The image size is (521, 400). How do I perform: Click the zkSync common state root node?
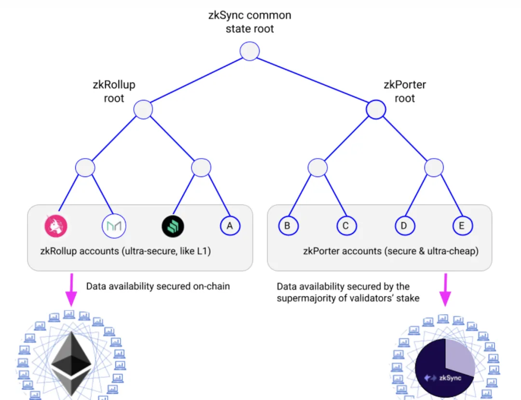(x=250, y=51)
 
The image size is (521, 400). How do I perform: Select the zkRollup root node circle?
(x=143, y=110)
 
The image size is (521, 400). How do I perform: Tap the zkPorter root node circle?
(x=376, y=110)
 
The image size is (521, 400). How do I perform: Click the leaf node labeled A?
(x=230, y=225)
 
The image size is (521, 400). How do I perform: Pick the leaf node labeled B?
(x=289, y=225)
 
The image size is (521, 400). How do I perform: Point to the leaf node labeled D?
(x=404, y=225)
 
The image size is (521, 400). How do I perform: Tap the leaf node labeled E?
(x=463, y=225)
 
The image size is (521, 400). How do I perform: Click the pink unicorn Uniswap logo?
(x=56, y=225)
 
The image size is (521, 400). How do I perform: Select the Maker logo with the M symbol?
(x=114, y=225)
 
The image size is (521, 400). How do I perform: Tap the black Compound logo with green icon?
(x=173, y=225)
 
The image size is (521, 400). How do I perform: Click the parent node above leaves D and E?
(x=434, y=167)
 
